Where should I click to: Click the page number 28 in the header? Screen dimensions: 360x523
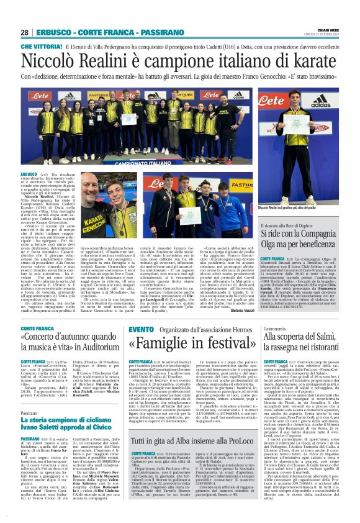[25, 32]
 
